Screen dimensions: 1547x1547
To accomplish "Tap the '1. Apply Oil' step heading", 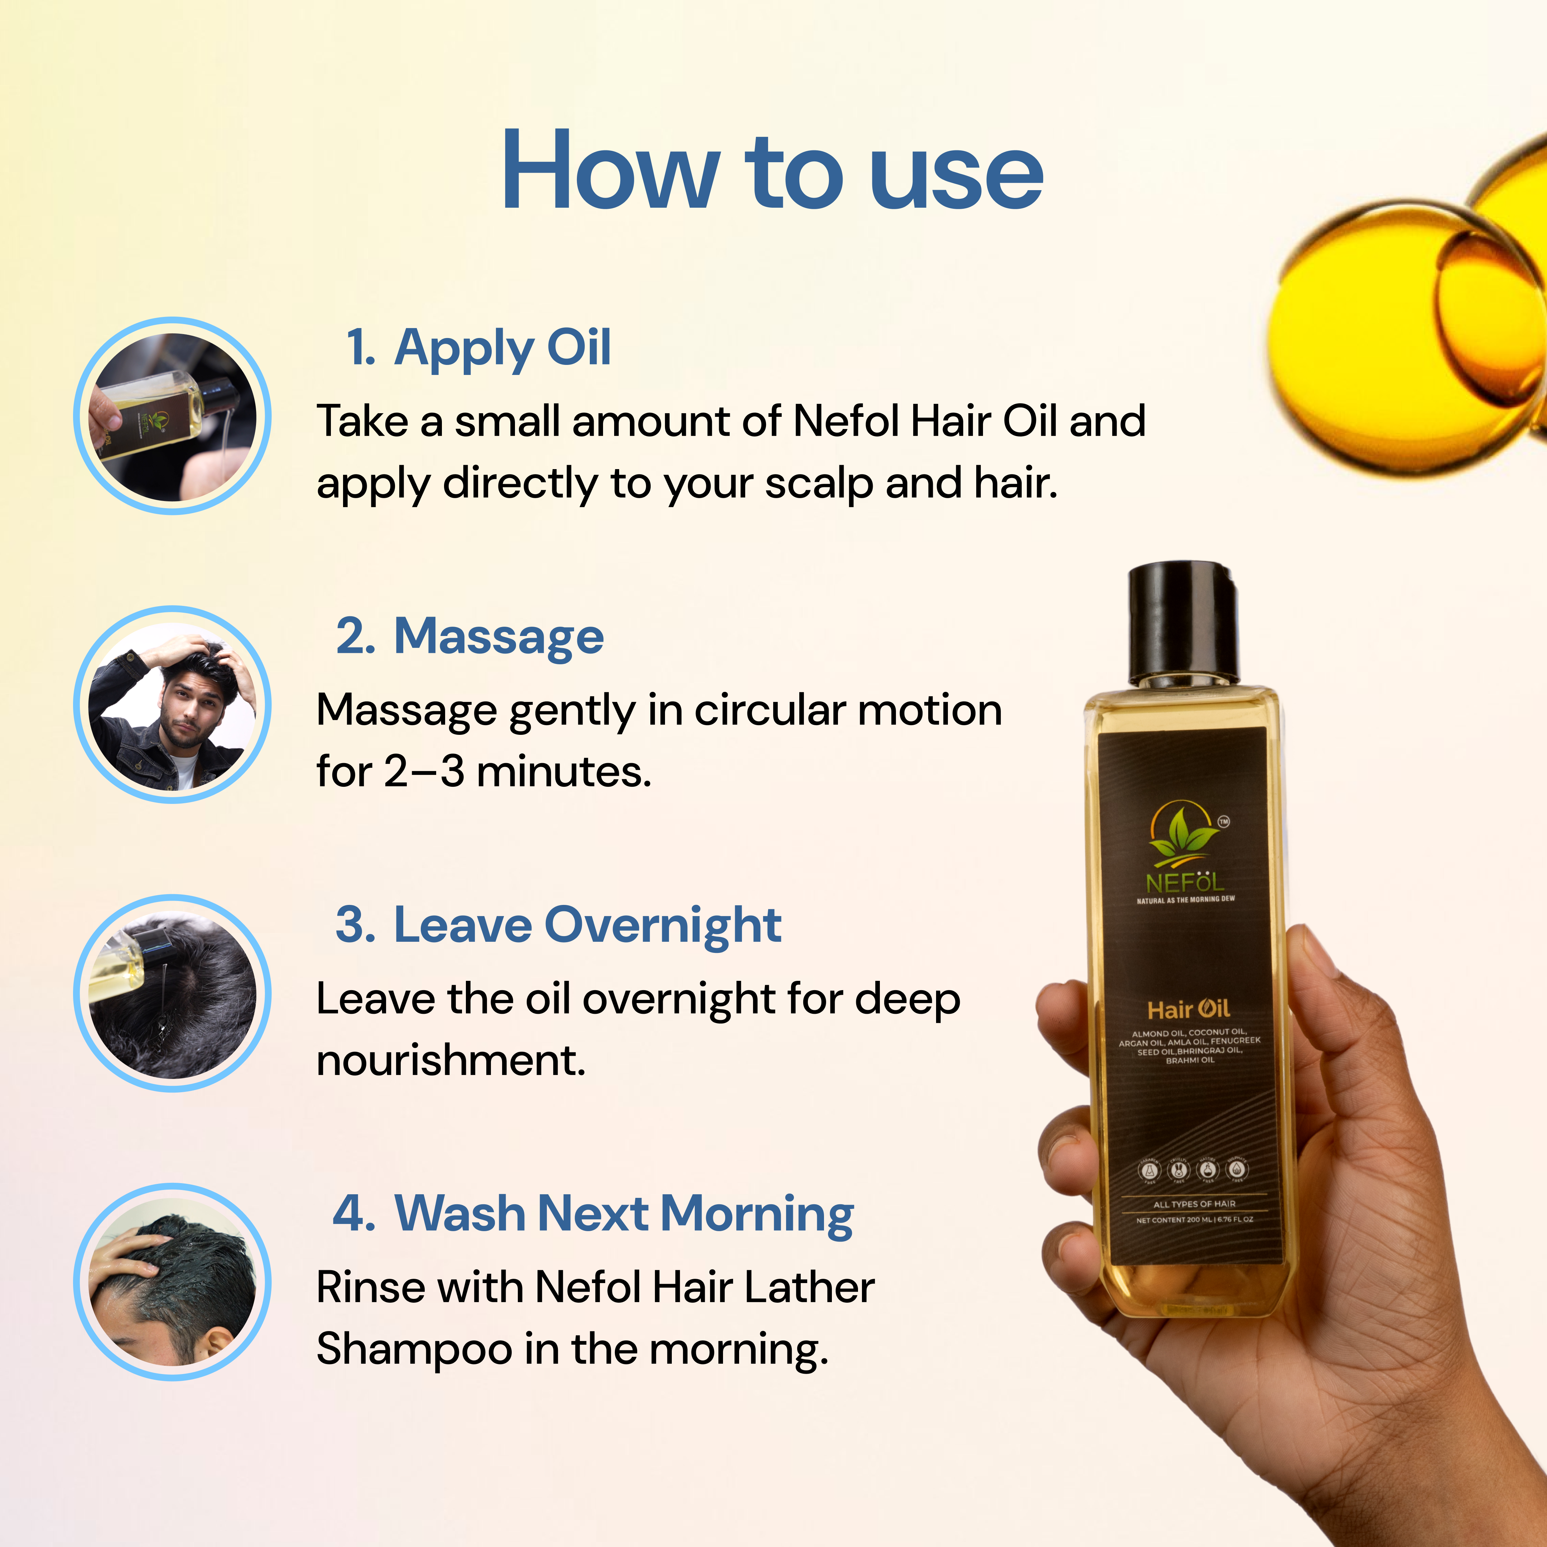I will tap(478, 348).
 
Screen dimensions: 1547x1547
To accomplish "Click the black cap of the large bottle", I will tap(1184, 625).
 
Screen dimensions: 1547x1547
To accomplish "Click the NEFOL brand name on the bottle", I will tap(1185, 882).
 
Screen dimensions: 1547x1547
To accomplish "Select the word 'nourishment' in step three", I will tap(451, 1061).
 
